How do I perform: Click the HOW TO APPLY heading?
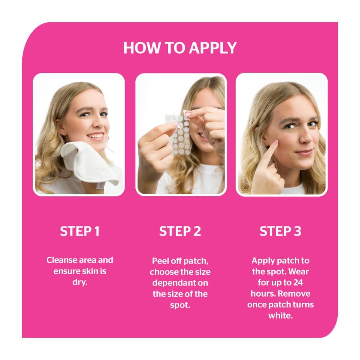[180, 48]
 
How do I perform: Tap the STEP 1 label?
[80, 231]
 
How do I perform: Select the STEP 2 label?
[180, 231]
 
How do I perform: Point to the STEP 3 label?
[280, 231]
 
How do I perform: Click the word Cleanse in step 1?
[62, 260]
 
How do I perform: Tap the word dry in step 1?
[80, 282]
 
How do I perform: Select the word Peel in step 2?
[160, 261]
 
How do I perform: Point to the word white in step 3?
[280, 316]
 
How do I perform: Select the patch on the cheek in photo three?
[280, 137]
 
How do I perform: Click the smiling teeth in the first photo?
[96, 136]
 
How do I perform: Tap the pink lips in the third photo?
[304, 152]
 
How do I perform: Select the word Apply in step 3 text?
[261, 261]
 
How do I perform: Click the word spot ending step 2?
[180, 305]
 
